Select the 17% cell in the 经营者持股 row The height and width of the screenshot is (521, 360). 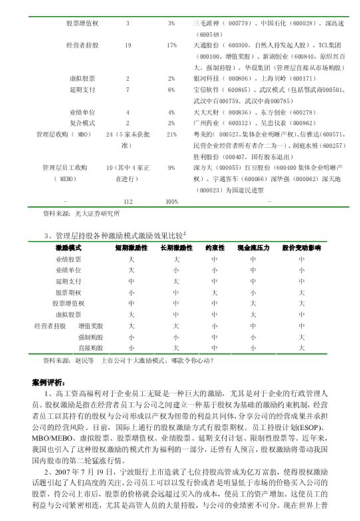coord(171,45)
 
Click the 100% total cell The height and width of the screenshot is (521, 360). coord(171,200)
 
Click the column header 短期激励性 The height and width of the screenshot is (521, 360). coord(132,247)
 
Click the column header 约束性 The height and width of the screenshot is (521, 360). coord(214,247)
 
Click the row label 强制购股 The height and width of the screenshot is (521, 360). coord(90,337)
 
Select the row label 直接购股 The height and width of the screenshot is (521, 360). coord(90,347)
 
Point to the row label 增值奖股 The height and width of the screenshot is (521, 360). coord(90,326)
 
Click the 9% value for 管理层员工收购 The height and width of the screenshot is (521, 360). coord(171,168)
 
